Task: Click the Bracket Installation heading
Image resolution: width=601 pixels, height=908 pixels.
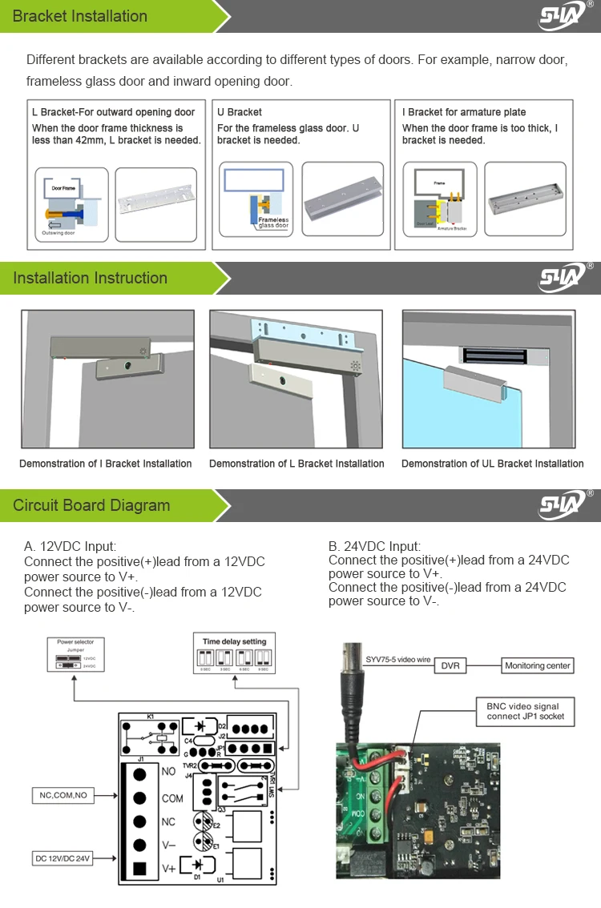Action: pyautogui.click(x=80, y=16)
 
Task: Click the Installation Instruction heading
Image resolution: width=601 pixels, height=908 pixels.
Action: pyautogui.click(x=90, y=278)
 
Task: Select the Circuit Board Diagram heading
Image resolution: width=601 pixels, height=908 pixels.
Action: pyautogui.click(x=91, y=505)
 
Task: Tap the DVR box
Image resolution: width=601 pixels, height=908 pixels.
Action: pyautogui.click(x=450, y=665)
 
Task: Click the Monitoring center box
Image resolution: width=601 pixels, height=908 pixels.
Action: pyautogui.click(x=538, y=665)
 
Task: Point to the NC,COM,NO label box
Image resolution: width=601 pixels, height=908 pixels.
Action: pyautogui.click(x=63, y=795)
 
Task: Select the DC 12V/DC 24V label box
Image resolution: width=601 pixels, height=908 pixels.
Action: pyautogui.click(x=63, y=858)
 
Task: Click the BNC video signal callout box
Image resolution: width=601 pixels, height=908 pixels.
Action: pyautogui.click(x=525, y=712)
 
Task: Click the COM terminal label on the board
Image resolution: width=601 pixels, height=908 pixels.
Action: pyautogui.click(x=172, y=798)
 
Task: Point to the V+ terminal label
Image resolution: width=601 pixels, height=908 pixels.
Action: pyautogui.click(x=169, y=868)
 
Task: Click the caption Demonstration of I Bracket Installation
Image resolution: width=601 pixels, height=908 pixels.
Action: pyautogui.click(x=106, y=464)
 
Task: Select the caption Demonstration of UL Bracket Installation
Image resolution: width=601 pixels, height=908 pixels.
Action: pyautogui.click(x=492, y=464)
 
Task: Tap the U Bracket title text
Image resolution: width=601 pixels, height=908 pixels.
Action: pyautogui.click(x=240, y=112)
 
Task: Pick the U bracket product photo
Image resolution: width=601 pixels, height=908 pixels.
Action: pyautogui.click(x=343, y=199)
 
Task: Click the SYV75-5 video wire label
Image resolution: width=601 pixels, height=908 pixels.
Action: pyautogui.click(x=398, y=660)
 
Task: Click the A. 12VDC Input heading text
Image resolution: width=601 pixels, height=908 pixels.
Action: pyautogui.click(x=70, y=546)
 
